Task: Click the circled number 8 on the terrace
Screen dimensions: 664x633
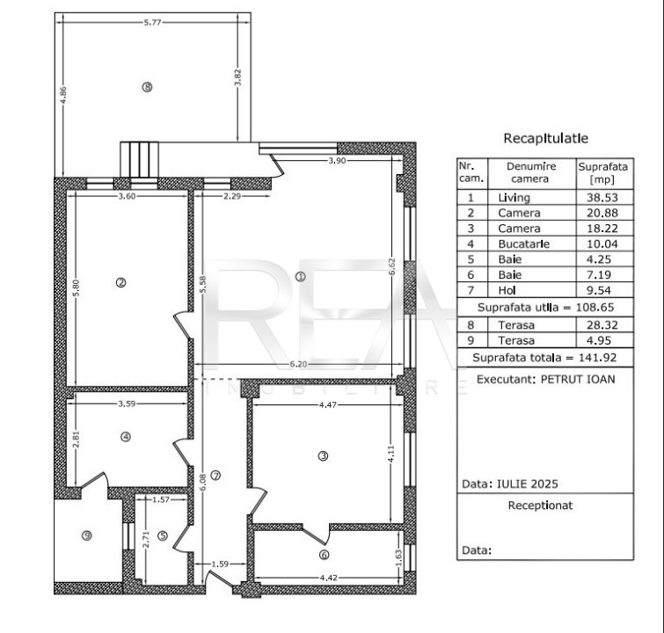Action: click(147, 87)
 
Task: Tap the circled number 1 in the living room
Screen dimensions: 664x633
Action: click(300, 276)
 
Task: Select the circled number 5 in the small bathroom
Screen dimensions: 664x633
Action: click(163, 536)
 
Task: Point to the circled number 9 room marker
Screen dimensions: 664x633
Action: click(86, 536)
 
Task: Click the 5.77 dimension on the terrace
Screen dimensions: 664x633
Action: click(152, 23)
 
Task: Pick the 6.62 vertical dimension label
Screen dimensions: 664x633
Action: click(392, 266)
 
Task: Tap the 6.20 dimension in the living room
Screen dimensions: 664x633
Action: click(299, 365)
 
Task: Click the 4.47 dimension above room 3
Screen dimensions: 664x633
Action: click(328, 404)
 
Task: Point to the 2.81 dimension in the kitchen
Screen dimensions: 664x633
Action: click(77, 439)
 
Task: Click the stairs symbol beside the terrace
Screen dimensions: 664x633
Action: click(139, 160)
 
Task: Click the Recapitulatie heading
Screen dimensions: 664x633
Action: click(546, 138)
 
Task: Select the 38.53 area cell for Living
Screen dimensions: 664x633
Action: click(602, 198)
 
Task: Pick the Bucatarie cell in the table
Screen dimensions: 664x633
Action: click(524, 244)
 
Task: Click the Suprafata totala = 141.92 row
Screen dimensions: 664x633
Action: click(544, 358)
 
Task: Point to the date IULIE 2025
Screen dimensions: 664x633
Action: click(527, 484)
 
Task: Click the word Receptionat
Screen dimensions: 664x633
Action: click(540, 506)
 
